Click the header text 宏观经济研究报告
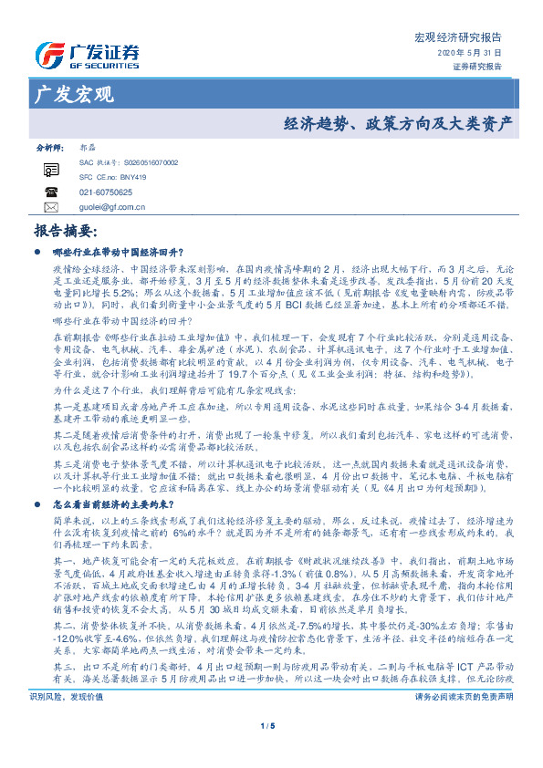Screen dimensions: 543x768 pyautogui.click(x=457, y=38)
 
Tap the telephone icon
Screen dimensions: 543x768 pyautogui.click(x=51, y=192)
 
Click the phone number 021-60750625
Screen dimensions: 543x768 pyautogui.click(x=106, y=192)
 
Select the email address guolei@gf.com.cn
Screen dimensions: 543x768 pyautogui.click(x=113, y=207)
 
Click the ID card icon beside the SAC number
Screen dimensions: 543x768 pyautogui.click(x=51, y=170)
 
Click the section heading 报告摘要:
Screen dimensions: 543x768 pyautogui.click(x=68, y=232)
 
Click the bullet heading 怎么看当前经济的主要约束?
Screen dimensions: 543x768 pyautogui.click(x=120, y=503)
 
